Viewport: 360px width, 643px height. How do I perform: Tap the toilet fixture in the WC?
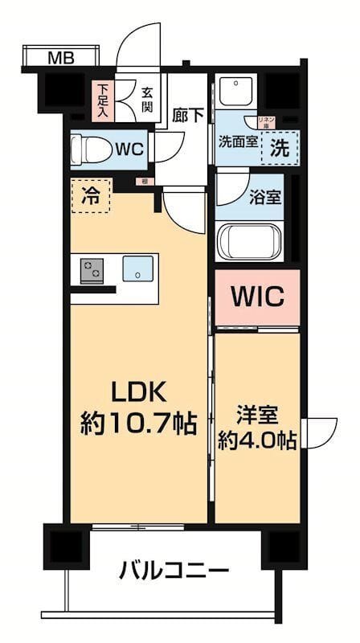87,149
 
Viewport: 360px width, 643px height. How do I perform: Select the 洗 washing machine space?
278,148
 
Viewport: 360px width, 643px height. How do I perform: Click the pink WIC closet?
257,298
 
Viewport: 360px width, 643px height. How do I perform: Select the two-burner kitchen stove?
92,270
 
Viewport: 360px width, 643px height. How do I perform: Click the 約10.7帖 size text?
138,424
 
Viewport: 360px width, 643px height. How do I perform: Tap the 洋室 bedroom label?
257,415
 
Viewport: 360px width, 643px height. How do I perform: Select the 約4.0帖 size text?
257,440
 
